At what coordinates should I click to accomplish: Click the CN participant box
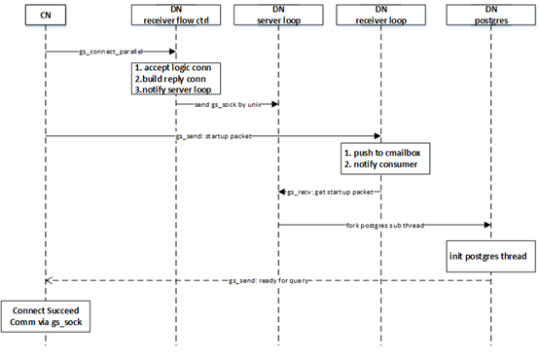46,15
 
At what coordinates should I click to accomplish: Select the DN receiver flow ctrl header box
176,15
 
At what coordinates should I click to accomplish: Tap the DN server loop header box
278,15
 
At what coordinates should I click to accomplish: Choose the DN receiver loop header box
380,15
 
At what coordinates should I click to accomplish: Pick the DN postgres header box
491,15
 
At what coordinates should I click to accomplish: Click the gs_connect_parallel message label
111,52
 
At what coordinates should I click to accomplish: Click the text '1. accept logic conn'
173,68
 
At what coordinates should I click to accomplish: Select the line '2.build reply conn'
170,79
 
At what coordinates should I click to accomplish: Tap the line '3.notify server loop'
173,90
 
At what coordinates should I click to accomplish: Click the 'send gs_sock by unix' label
228,104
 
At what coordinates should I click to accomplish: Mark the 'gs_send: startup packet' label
214,136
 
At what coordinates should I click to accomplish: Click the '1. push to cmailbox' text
382,153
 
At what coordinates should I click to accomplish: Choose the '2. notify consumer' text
380,164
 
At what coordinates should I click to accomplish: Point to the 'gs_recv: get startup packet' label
330,192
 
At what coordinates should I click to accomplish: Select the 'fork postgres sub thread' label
385,225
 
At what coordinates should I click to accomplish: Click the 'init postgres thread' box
491,257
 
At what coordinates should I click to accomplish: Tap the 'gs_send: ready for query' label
269,280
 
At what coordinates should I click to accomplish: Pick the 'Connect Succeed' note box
46,316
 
